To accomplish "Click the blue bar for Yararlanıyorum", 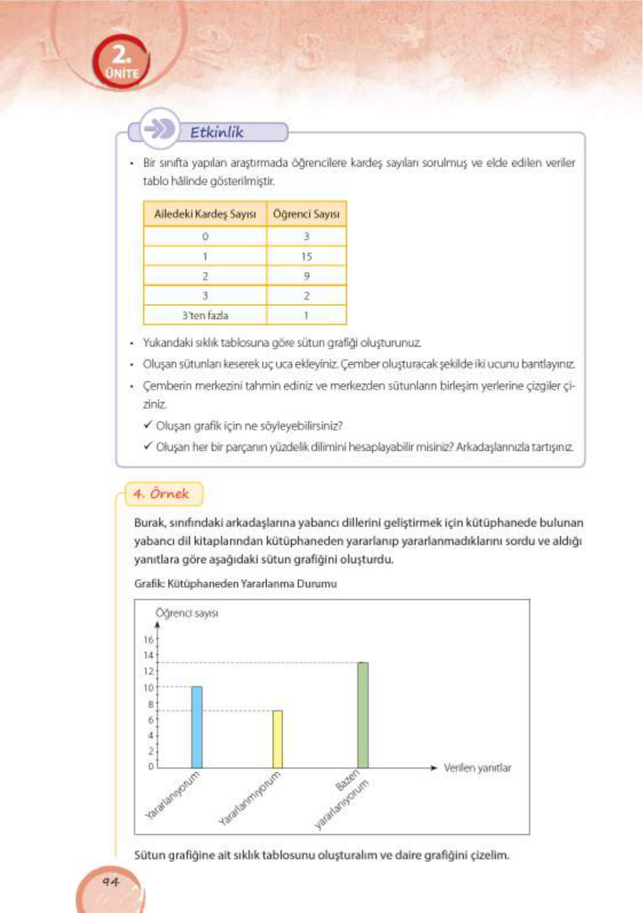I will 196,727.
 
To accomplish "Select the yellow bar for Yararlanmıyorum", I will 277,739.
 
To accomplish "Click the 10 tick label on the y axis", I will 149,687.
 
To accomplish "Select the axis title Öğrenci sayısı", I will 187,613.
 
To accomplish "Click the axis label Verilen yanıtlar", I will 477,768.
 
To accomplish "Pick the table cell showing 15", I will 306,257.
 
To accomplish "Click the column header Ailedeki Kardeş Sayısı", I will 205,214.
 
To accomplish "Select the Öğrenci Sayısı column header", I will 306,214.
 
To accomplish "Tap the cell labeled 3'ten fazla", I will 205,315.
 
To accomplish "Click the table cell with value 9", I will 306,276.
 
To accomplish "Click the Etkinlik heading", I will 217,132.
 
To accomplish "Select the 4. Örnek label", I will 161,494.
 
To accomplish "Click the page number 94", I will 111,881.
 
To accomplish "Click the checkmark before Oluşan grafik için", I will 148,425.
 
